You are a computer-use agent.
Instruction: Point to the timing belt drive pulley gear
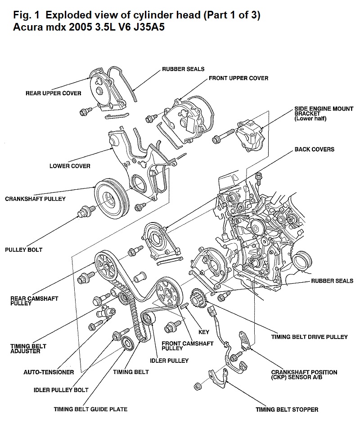point(198,298)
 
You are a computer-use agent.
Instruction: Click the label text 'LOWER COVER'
point(70,166)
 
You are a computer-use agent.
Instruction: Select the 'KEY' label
point(204,332)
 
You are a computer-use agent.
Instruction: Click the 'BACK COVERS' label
point(314,149)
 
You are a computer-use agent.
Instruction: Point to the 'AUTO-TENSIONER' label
point(48,372)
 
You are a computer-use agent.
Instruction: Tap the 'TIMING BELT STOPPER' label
point(287,409)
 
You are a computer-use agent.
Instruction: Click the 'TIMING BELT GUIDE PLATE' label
point(90,409)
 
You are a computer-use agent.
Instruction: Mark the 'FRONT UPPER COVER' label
point(238,78)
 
